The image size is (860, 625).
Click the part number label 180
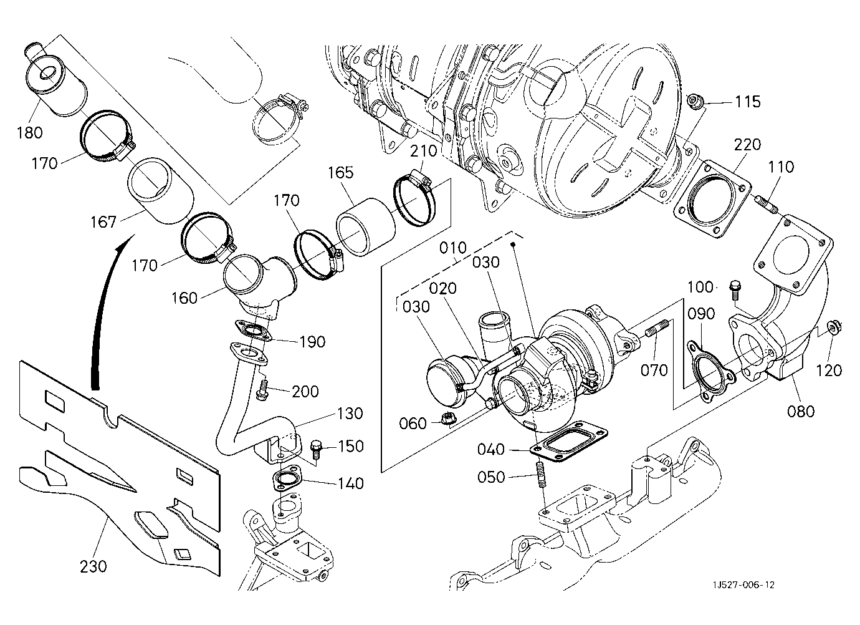(29, 133)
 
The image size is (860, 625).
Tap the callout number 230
(93, 566)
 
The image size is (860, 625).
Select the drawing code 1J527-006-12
(743, 585)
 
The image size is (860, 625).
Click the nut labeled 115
(696, 101)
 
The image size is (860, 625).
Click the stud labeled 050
(540, 475)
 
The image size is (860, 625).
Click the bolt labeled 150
(315, 449)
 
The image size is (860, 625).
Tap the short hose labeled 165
(365, 226)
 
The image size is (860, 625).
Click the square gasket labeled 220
(712, 199)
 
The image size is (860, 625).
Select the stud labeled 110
(768, 204)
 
